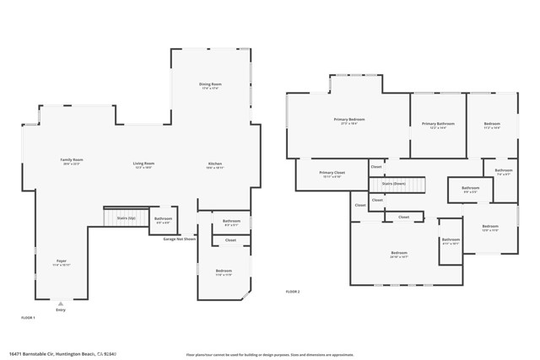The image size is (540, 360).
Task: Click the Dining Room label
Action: click(210, 85)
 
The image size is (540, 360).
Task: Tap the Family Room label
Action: click(72, 161)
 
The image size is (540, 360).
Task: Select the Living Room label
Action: click(143, 164)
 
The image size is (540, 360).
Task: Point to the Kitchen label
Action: click(215, 164)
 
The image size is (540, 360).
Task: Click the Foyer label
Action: click(62, 262)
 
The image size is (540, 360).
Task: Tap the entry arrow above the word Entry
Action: click(60, 303)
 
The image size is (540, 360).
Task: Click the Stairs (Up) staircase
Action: click(114, 218)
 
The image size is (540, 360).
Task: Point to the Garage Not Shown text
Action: click(179, 239)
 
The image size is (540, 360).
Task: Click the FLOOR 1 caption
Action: click(29, 317)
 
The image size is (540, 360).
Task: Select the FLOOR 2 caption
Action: click(293, 291)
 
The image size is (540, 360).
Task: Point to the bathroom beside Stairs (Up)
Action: click(164, 220)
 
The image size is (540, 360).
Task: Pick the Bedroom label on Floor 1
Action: click(223, 272)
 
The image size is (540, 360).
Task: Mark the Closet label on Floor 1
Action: click(230, 240)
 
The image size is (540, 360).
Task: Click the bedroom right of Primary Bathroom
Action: click(492, 126)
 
